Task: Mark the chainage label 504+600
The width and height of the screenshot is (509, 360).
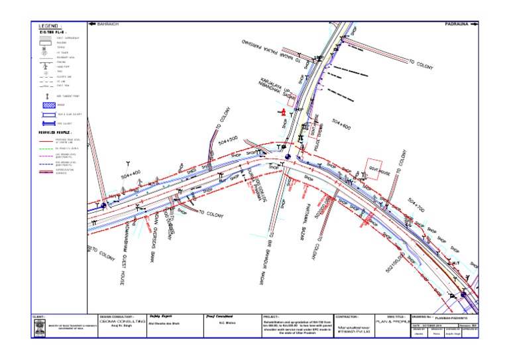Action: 343,123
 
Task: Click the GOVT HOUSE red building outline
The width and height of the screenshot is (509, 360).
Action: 376,168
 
